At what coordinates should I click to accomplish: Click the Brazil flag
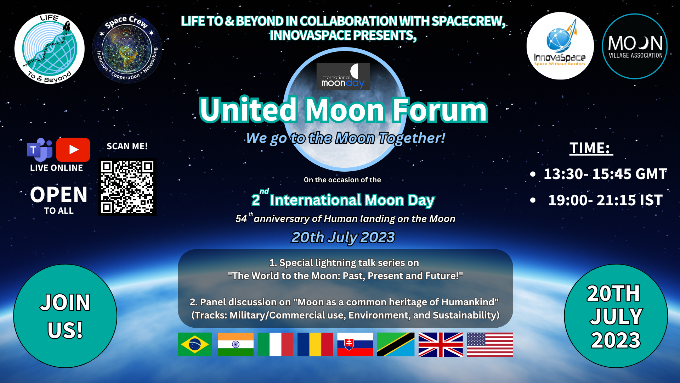pyautogui.click(x=194, y=344)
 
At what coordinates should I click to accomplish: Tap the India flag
pyautogui.click(x=236, y=344)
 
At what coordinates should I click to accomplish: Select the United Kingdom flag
pyautogui.click(x=441, y=344)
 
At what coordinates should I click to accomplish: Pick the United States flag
pyautogui.click(x=490, y=344)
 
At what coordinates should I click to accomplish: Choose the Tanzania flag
pyautogui.click(x=396, y=344)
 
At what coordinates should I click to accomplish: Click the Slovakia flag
pyautogui.click(x=355, y=344)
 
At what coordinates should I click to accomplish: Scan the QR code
pyautogui.click(x=127, y=187)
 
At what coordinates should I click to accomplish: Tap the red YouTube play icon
pyautogui.click(x=73, y=150)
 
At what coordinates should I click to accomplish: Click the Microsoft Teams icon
pyautogui.click(x=40, y=150)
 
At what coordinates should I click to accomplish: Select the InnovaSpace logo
pyautogui.click(x=560, y=46)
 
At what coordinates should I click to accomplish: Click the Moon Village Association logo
pyautogui.click(x=635, y=46)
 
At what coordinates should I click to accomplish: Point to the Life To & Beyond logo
pyautogui.click(x=50, y=49)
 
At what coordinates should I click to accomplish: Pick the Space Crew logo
pyautogui.click(x=127, y=49)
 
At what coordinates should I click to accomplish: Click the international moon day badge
pyautogui.click(x=343, y=76)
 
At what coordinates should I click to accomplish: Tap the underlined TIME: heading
pyautogui.click(x=591, y=148)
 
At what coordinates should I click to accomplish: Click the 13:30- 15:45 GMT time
pyautogui.click(x=605, y=174)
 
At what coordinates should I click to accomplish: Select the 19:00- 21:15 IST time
pyautogui.click(x=605, y=200)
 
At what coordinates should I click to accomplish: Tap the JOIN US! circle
pyautogui.click(x=65, y=316)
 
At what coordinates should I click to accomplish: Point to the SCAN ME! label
pyautogui.click(x=127, y=146)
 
